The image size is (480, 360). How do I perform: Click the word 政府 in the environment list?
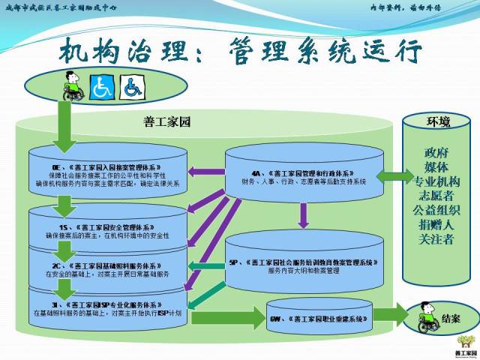(439, 154)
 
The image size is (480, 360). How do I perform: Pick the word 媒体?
(439, 167)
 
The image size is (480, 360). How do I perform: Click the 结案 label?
(451, 318)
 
